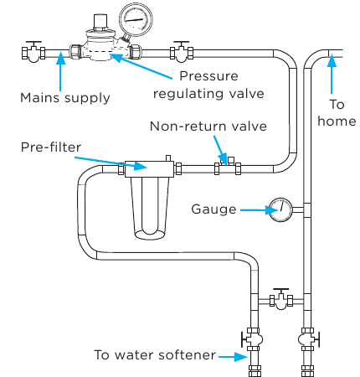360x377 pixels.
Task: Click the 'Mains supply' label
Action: (x=65, y=98)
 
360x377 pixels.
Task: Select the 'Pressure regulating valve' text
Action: (x=208, y=85)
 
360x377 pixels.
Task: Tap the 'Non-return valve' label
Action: (x=208, y=127)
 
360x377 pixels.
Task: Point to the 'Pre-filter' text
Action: (x=51, y=147)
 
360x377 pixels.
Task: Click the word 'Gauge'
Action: (x=213, y=209)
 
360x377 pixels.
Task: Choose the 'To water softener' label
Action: (x=155, y=355)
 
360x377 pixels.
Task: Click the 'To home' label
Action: (x=337, y=113)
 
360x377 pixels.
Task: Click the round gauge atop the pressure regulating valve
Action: (x=136, y=20)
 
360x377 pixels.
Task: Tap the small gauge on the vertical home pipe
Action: (x=280, y=210)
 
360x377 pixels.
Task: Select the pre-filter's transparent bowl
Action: (x=150, y=208)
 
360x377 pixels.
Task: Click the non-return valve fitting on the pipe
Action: (x=228, y=167)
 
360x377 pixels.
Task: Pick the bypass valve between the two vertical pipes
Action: (x=281, y=299)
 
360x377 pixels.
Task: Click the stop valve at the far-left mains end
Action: (x=33, y=52)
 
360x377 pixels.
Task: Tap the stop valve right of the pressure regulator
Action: (x=182, y=52)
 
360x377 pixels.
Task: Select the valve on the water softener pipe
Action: (x=252, y=339)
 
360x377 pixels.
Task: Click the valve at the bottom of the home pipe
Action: (x=308, y=339)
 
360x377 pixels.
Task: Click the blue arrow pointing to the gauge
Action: (x=259, y=210)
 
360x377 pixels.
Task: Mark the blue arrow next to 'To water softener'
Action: (x=233, y=357)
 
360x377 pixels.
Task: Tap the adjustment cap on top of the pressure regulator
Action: (x=100, y=21)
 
